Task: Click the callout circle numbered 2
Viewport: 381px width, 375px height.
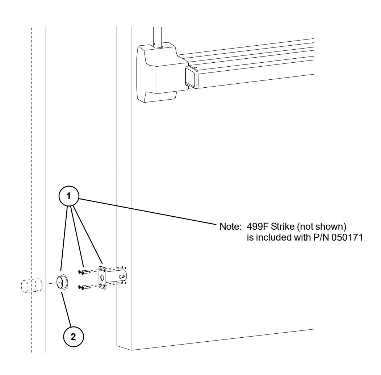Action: (x=73, y=337)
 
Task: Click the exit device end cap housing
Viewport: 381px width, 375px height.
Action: (x=156, y=72)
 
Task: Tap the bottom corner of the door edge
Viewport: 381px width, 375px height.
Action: (x=130, y=350)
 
